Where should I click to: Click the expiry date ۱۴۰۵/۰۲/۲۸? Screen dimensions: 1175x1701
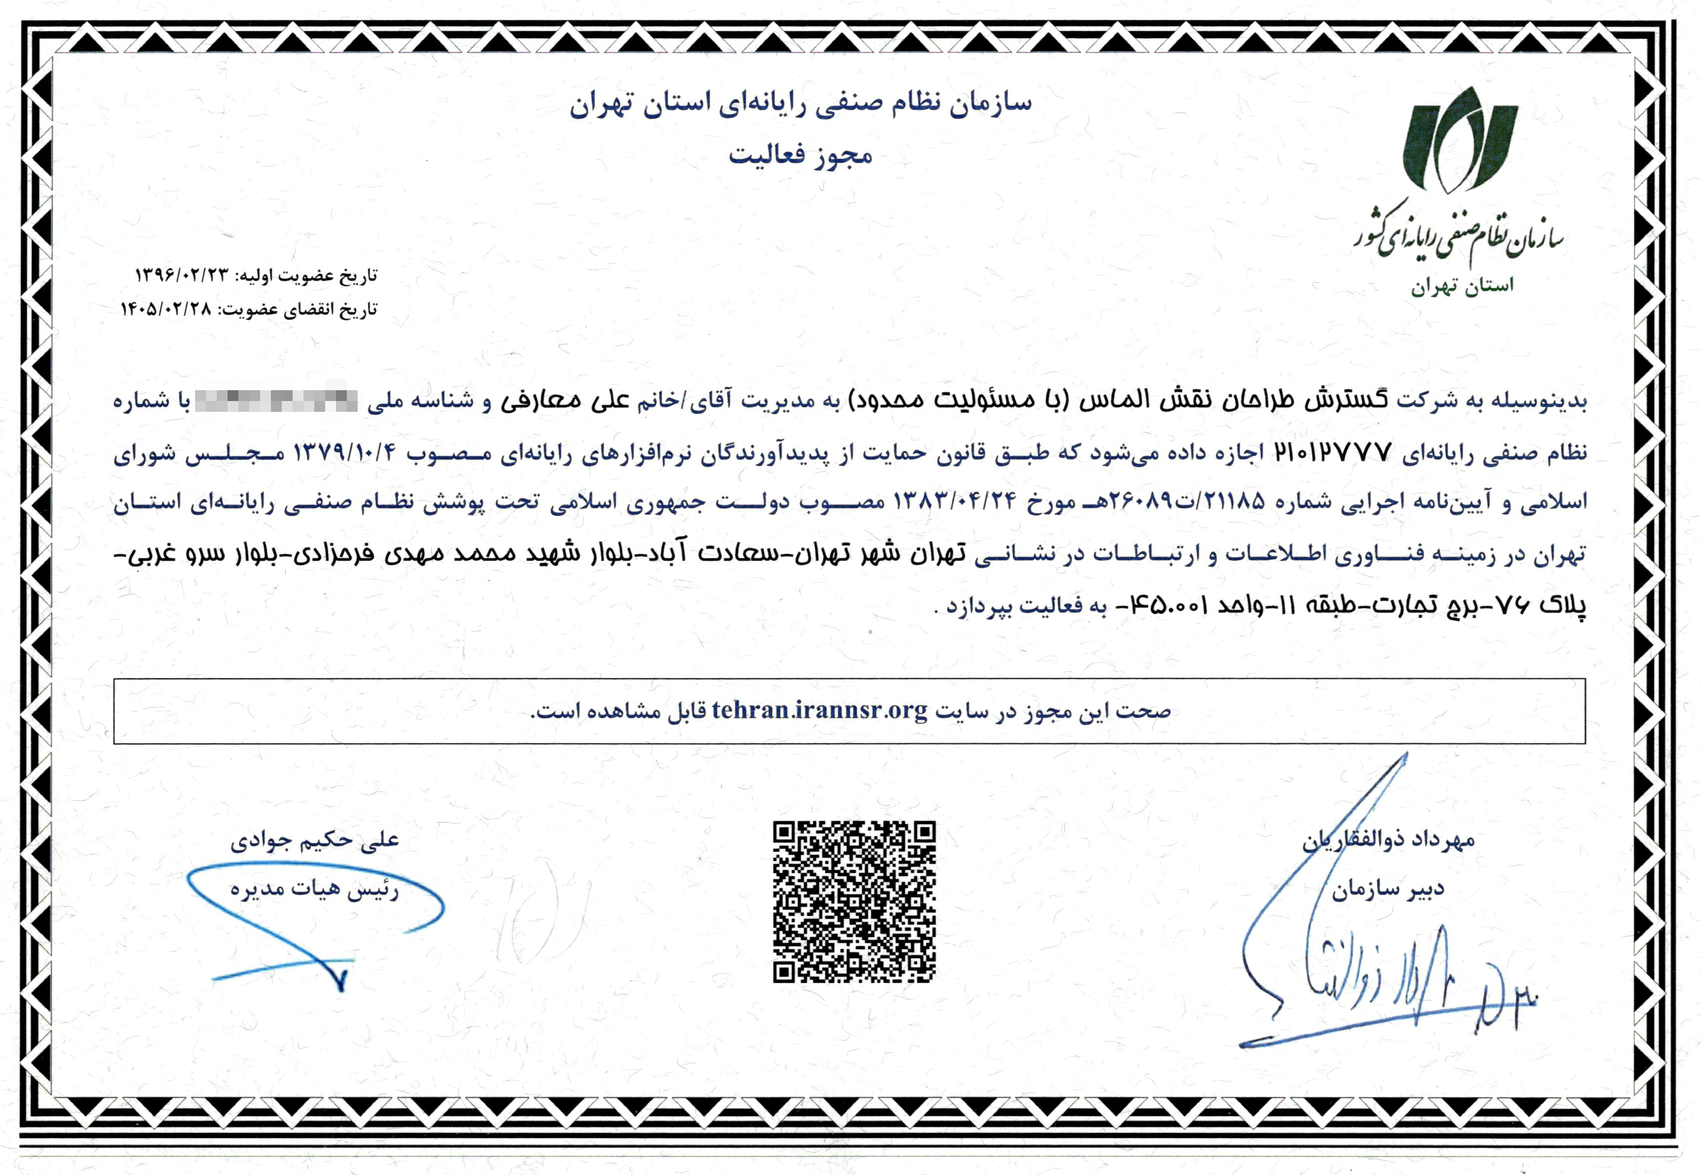(167, 309)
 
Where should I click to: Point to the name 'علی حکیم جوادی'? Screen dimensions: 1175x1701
(314, 840)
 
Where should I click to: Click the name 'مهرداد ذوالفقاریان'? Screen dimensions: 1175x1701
(1388, 840)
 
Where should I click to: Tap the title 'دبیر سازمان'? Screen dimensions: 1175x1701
(1387, 889)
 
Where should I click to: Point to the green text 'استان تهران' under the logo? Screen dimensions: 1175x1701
(1462, 286)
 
